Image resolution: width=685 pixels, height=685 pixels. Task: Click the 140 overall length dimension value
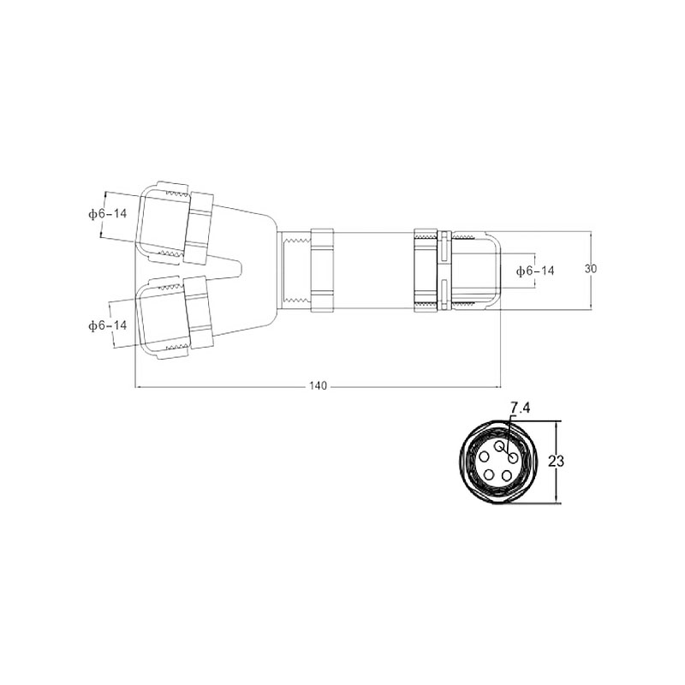318,386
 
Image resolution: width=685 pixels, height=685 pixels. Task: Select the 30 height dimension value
591,269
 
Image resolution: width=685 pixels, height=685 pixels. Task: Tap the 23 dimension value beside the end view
556,462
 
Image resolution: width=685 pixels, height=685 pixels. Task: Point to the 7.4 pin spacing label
520,408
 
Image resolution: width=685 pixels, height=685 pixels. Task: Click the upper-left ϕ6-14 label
108,213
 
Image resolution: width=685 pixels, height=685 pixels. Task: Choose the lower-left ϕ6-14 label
108,325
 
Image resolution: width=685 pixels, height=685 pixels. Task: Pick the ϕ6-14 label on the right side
535,271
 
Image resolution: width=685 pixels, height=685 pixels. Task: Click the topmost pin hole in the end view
500,445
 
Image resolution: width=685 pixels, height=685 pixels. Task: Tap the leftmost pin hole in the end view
485,457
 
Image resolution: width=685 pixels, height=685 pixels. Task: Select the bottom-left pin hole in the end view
490,475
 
